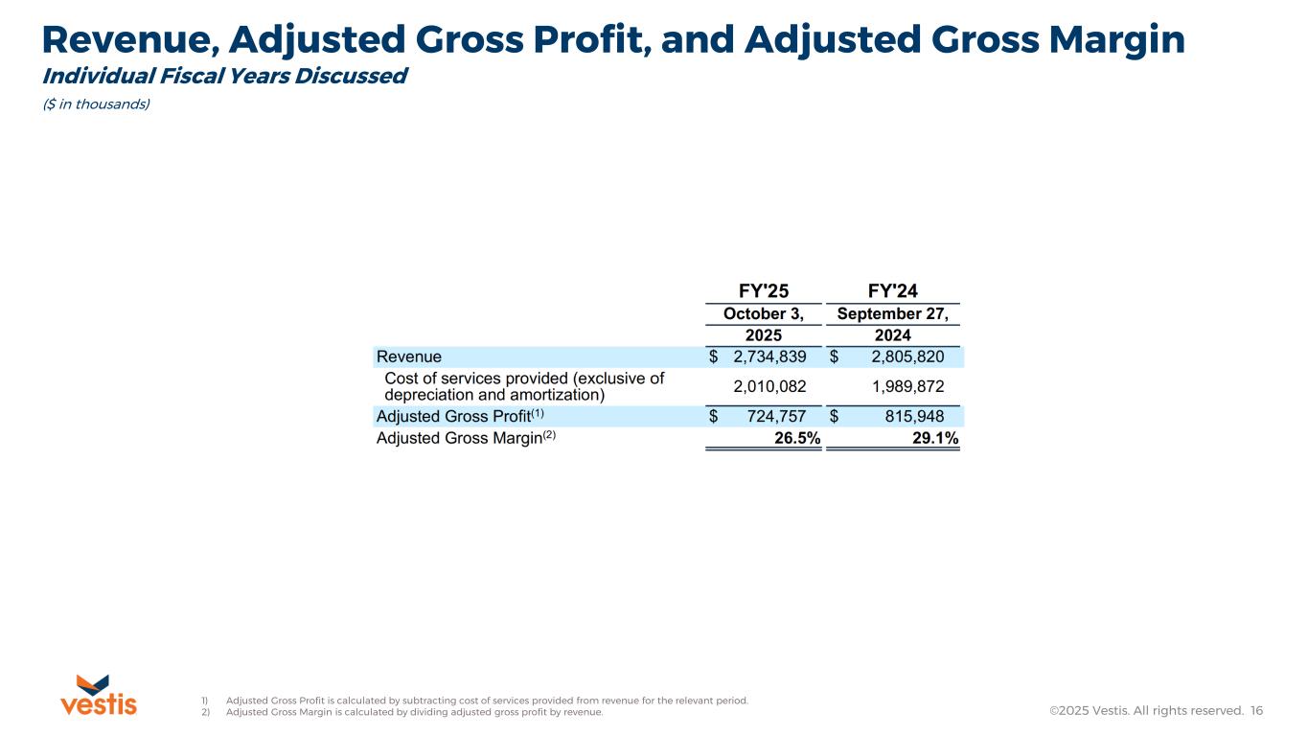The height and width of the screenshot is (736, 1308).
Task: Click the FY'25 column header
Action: (764, 291)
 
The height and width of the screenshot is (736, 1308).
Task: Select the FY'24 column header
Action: (892, 291)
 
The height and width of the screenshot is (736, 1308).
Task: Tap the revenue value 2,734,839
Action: (769, 357)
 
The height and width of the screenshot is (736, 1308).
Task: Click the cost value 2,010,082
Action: (769, 386)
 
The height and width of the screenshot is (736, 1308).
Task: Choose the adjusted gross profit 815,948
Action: (907, 416)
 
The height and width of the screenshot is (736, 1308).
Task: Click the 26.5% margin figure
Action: (796, 439)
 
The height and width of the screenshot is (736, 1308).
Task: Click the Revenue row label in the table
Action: (409, 357)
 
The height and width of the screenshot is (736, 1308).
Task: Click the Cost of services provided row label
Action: (523, 386)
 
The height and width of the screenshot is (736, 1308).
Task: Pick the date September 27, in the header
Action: (892, 314)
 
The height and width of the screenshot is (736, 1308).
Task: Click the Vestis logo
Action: (99, 695)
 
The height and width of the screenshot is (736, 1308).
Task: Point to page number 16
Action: (1257, 710)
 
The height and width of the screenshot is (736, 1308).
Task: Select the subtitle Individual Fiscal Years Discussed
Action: (224, 76)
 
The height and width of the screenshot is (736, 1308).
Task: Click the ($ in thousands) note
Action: (96, 104)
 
